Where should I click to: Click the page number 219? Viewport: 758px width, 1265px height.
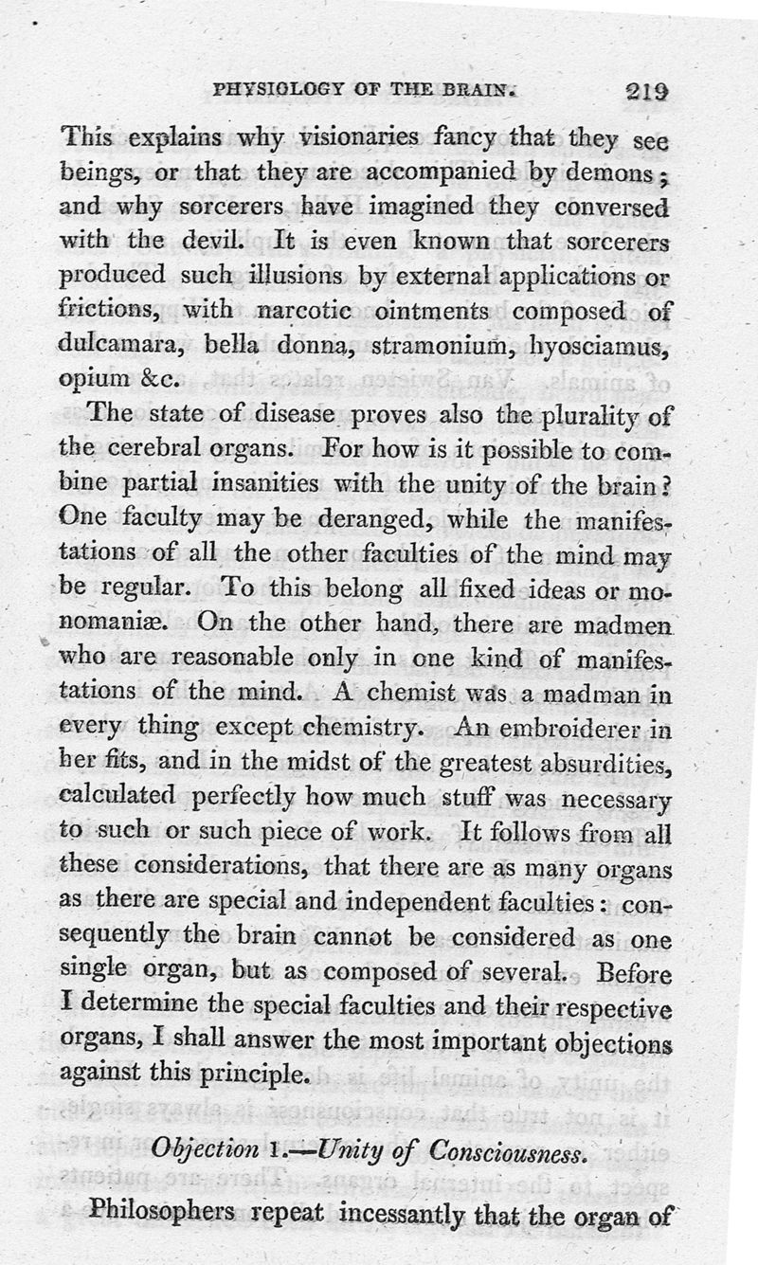pos(647,92)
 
